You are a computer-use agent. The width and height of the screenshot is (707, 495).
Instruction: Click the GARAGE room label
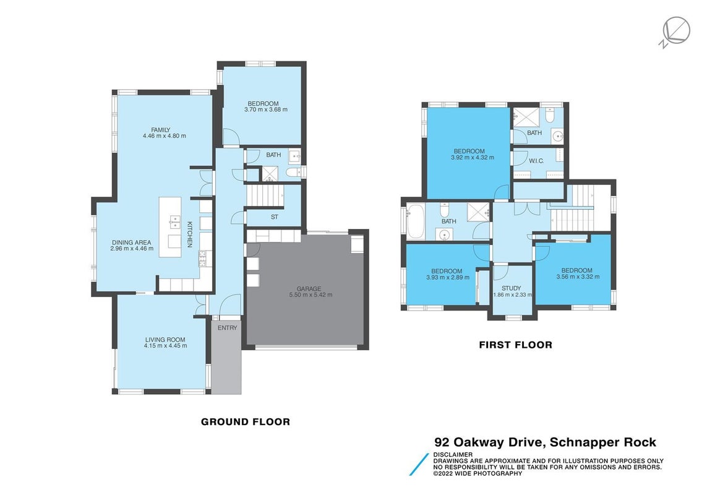click(x=309, y=289)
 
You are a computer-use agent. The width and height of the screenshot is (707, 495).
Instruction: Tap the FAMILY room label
click(x=161, y=130)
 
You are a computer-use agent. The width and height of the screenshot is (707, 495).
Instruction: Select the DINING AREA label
click(x=132, y=243)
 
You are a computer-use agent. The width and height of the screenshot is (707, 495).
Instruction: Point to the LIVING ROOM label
click(x=165, y=340)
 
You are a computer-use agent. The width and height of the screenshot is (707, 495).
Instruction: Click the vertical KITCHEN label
click(x=190, y=234)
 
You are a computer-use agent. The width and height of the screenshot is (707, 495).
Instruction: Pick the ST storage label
click(x=275, y=217)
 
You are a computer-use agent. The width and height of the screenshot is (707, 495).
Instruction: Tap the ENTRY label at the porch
click(x=227, y=328)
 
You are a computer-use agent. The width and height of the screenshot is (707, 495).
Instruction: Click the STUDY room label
click(x=512, y=288)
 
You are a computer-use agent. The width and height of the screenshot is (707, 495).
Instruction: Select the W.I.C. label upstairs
click(x=536, y=161)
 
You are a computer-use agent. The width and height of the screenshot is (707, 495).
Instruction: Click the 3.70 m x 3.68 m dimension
click(x=266, y=109)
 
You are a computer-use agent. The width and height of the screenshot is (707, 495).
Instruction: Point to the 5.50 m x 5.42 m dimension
click(x=311, y=295)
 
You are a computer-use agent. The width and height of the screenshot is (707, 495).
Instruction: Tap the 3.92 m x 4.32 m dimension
click(x=473, y=158)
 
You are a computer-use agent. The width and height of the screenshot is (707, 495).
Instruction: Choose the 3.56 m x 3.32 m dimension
click(x=578, y=277)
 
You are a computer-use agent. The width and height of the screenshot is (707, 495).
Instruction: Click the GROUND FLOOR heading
click(x=246, y=422)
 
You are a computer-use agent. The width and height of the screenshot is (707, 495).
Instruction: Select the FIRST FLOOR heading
click(x=515, y=345)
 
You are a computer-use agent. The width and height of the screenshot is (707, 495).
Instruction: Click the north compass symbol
click(x=675, y=32)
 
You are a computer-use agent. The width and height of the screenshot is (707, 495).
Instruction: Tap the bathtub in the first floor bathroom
click(x=415, y=222)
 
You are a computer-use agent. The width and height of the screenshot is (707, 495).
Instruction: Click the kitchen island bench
click(x=170, y=227)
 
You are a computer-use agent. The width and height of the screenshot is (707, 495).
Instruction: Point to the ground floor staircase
click(x=265, y=196)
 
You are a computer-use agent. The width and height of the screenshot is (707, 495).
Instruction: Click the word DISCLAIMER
click(x=453, y=454)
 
